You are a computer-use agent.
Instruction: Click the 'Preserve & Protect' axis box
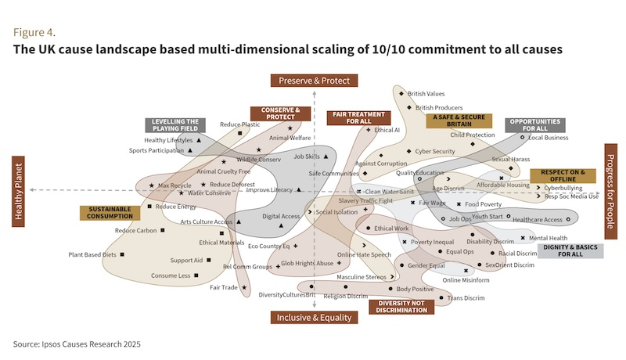point(314,80)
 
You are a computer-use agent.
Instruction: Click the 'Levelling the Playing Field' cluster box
point(174,125)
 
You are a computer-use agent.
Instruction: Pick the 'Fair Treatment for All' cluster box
point(349,117)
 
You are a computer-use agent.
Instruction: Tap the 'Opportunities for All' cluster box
point(535,125)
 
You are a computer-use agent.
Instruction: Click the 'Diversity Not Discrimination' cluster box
point(402,306)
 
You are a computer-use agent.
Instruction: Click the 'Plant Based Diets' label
point(92,254)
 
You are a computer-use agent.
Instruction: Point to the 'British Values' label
point(426,93)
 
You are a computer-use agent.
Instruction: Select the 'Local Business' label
point(548,138)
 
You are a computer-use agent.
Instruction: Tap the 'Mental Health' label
point(548,238)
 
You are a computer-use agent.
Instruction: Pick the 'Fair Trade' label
point(223,287)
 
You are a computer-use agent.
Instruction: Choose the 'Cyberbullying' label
point(563,188)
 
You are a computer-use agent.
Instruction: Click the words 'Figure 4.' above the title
point(34,33)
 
